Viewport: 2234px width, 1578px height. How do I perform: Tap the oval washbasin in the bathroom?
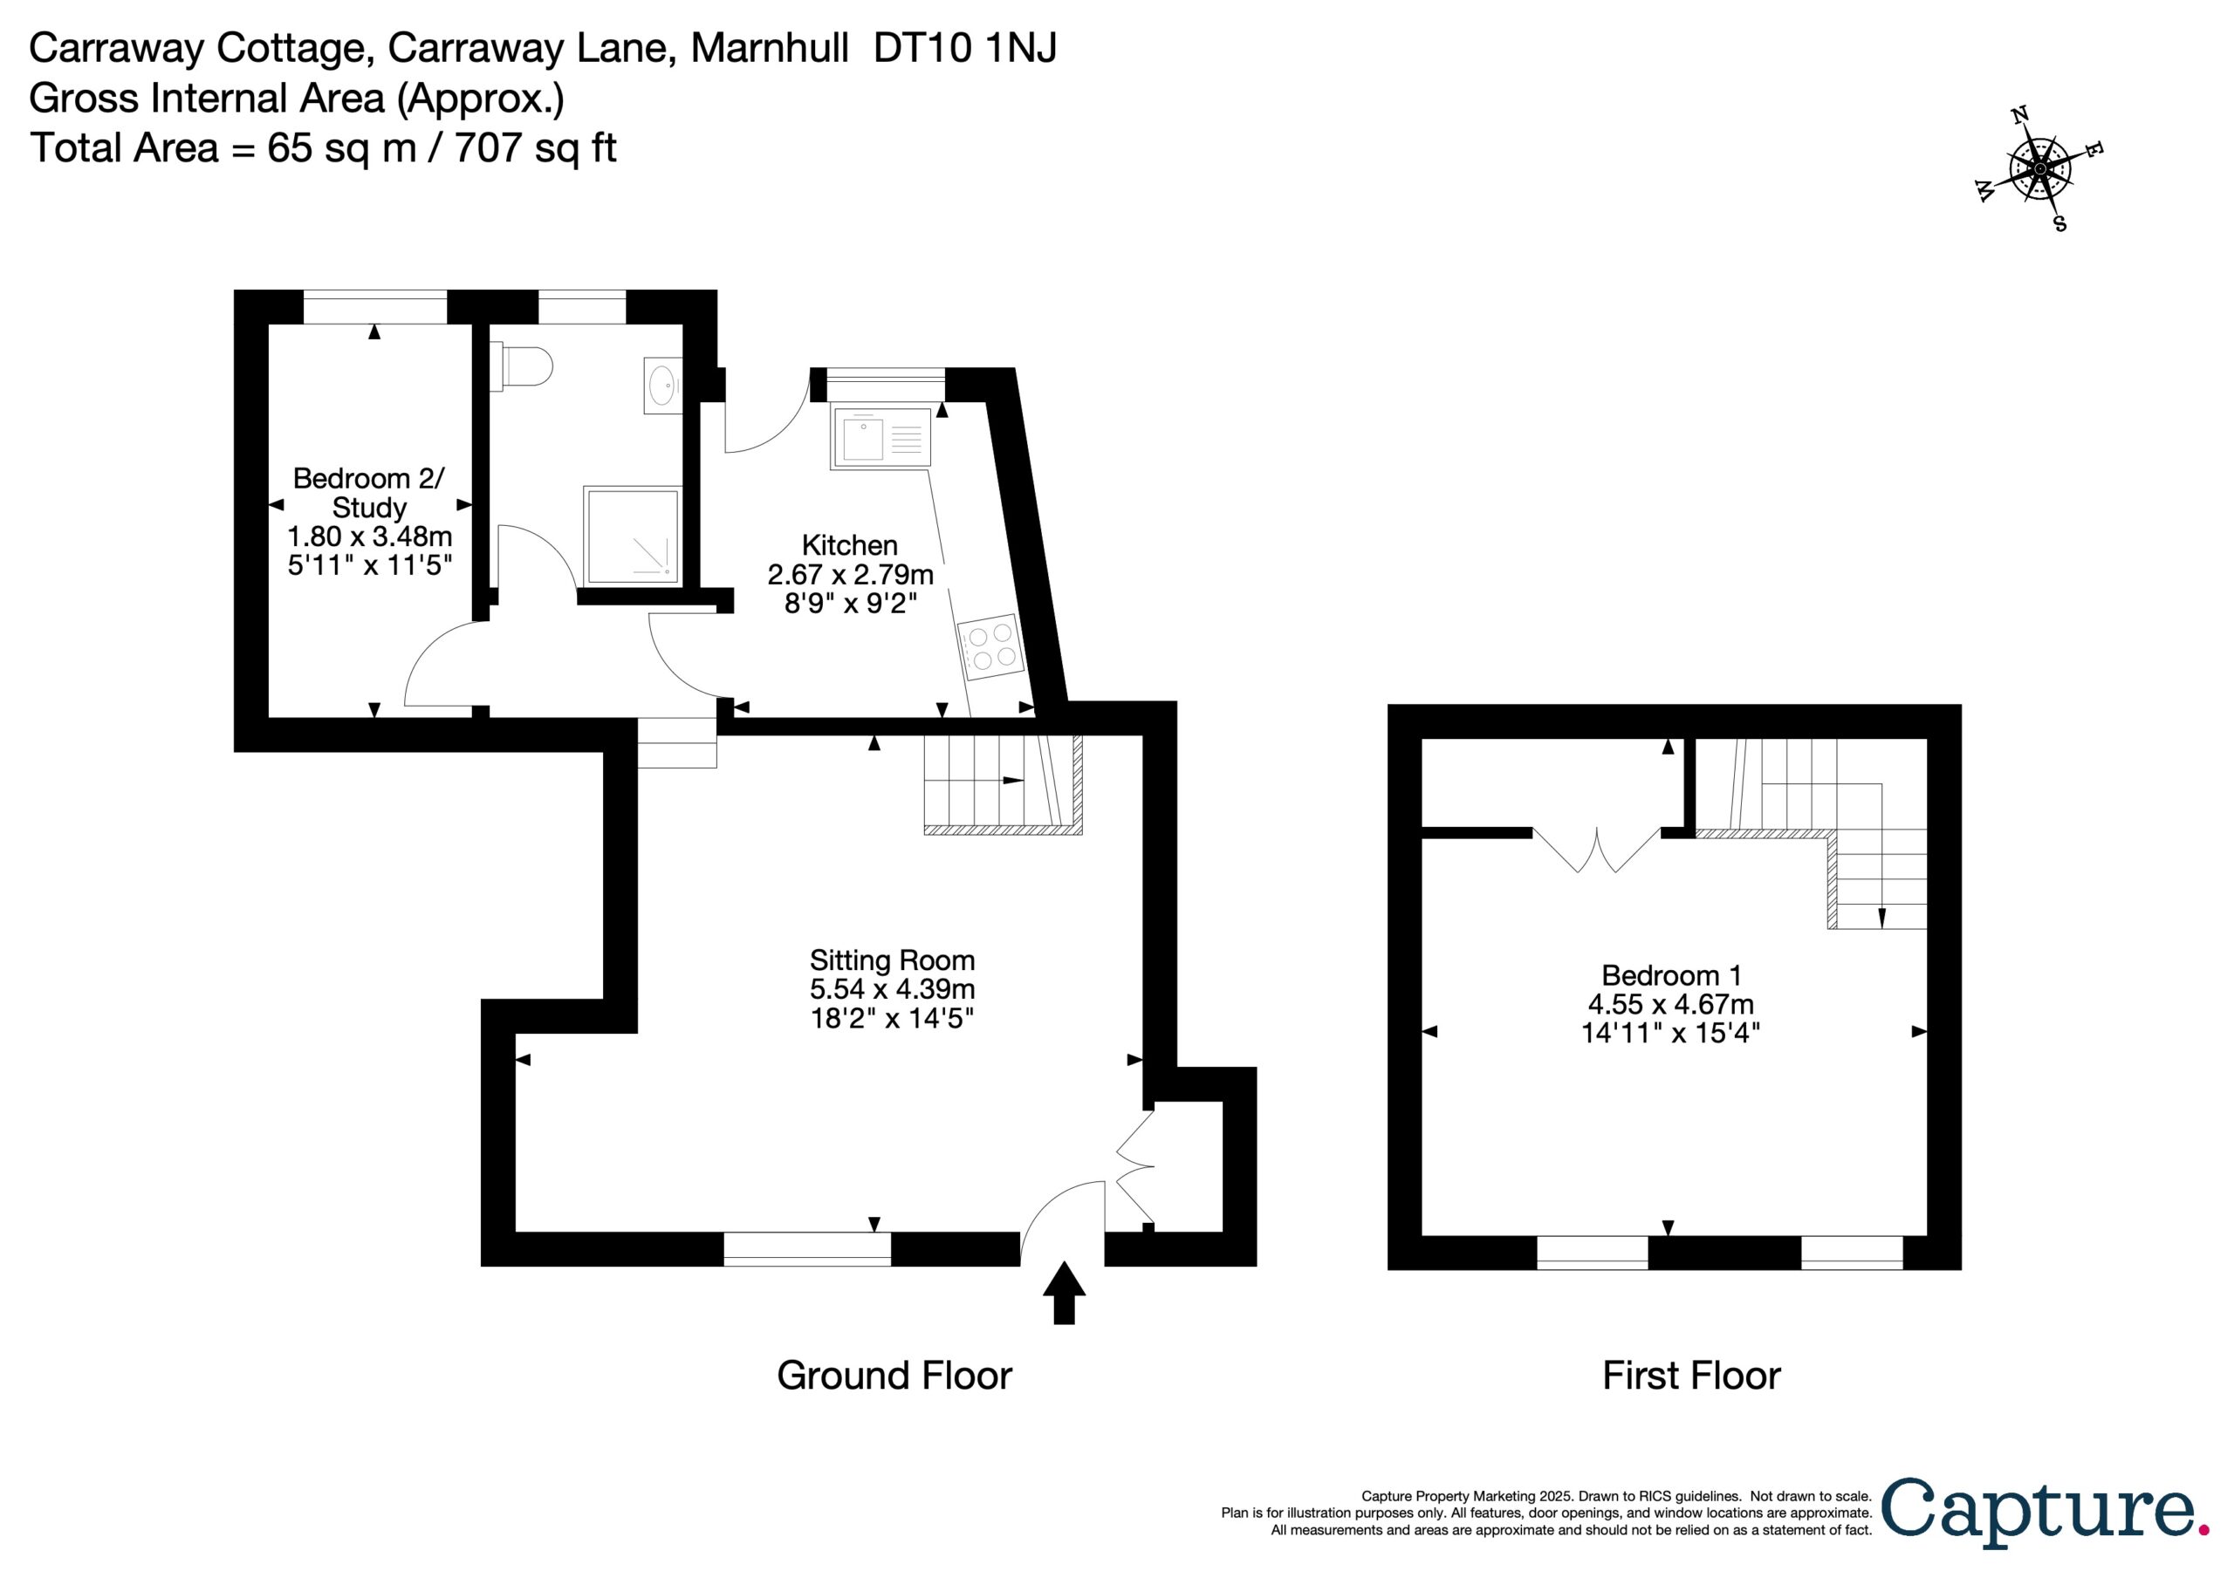662,386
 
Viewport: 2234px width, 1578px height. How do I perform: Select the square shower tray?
631,536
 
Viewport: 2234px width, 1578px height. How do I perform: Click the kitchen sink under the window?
881,439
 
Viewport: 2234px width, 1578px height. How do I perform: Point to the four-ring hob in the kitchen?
990,648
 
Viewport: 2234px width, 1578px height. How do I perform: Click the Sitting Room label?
892,960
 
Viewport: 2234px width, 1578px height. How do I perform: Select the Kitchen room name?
849,545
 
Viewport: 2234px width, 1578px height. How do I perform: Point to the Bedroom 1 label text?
1672,975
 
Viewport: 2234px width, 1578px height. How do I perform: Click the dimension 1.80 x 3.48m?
370,536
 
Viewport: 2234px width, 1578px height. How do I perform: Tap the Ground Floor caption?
894,1376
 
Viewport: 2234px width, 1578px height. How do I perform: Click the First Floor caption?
1691,1376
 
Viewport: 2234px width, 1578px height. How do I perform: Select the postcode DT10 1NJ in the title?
964,48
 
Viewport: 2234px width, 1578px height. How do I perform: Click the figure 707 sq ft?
535,148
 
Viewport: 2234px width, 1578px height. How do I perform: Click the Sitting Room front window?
806,1249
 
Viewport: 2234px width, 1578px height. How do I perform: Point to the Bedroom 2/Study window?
374,306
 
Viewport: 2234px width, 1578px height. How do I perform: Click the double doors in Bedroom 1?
1596,850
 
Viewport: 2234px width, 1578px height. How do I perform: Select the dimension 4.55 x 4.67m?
1672,1004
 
